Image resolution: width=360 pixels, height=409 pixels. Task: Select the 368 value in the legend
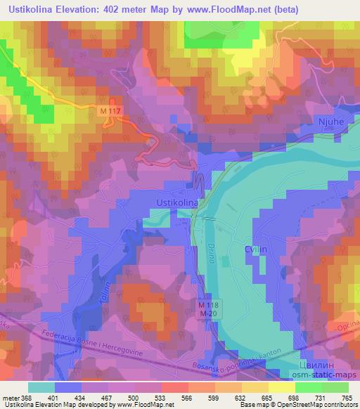click(27, 398)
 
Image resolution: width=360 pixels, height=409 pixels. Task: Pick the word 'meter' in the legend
click(10, 398)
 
